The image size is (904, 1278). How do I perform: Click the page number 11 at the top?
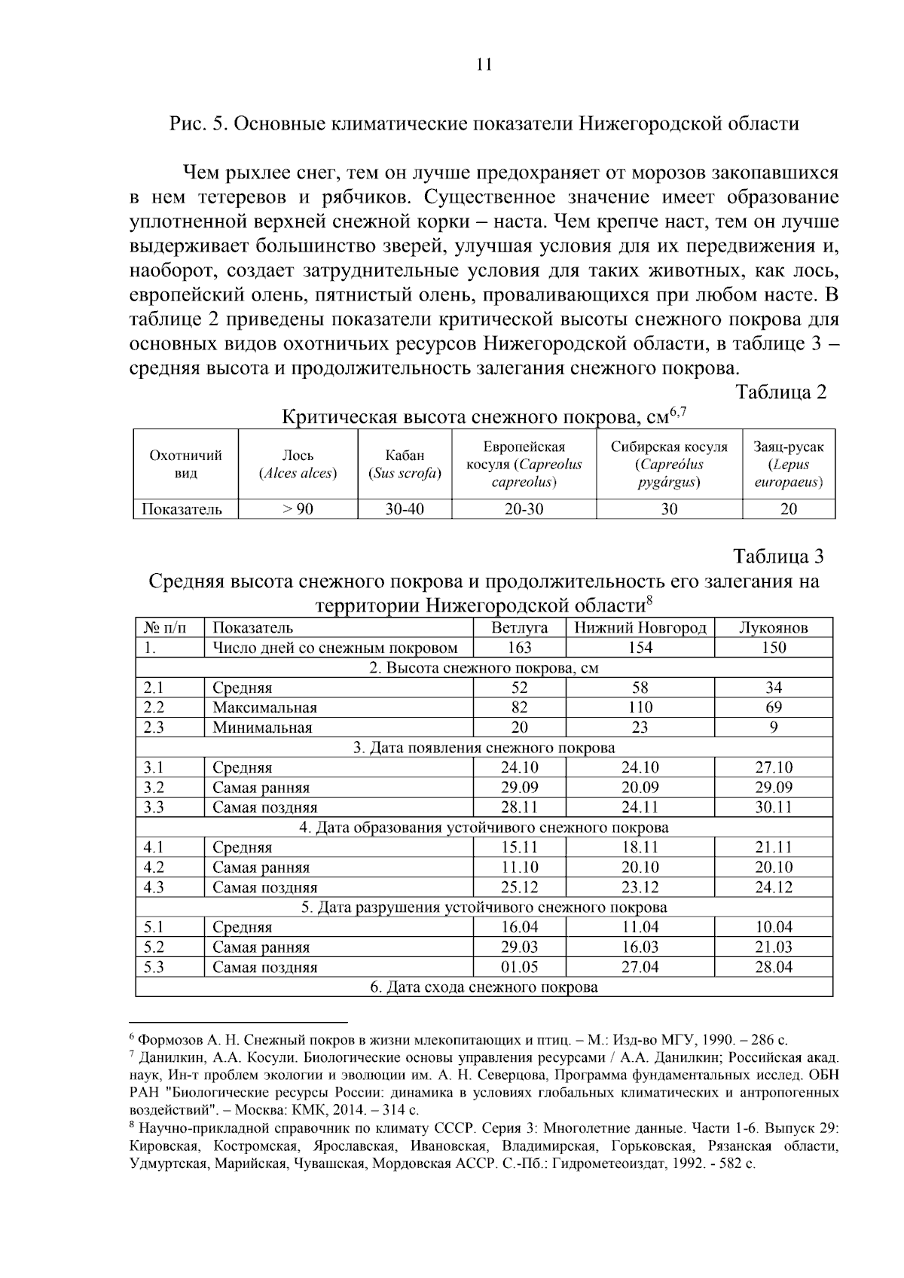[x=484, y=64]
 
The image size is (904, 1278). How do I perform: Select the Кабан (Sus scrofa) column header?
[x=405, y=465]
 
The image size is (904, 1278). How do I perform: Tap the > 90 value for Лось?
[x=298, y=509]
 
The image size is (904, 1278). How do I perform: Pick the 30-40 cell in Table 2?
[x=405, y=509]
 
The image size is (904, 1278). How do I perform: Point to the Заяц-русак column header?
[x=788, y=465]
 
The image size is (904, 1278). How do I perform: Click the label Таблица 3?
[x=779, y=557]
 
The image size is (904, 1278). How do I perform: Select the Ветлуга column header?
[x=519, y=627]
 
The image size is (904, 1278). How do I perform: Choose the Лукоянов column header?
[x=774, y=627]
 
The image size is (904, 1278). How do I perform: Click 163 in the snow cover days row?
[x=519, y=648]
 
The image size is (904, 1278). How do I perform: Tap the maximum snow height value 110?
[x=640, y=708]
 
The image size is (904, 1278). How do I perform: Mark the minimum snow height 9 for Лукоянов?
[x=774, y=727]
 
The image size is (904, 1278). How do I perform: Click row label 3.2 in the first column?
[x=154, y=788]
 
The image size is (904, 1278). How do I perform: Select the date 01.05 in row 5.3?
[x=519, y=968]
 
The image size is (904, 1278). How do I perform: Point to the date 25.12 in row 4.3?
[x=519, y=888]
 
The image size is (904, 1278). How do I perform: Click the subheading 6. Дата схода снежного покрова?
[x=484, y=987]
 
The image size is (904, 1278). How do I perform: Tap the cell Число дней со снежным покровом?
[x=334, y=648]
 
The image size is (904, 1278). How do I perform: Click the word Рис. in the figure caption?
[x=185, y=124]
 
